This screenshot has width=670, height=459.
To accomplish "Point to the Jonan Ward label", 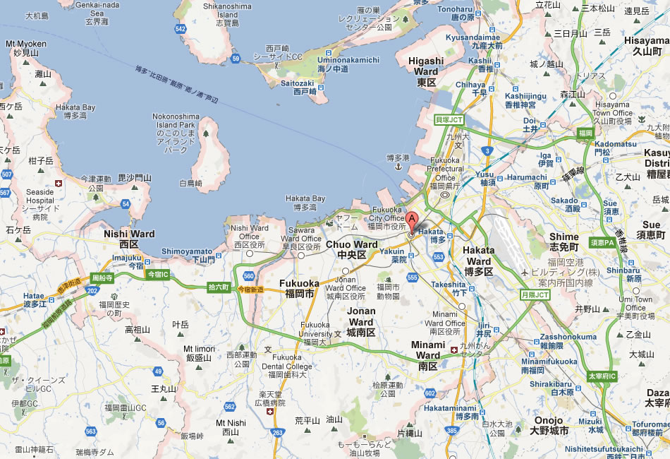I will pos(361,321).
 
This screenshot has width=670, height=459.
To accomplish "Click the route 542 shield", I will pos(181,29).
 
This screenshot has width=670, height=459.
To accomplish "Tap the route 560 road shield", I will pos(248,276).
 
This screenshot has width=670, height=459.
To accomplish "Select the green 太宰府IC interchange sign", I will pos(602,376).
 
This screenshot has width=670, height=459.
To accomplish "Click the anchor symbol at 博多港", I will pos(397,167).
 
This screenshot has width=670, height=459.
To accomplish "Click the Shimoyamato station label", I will pos(188,255).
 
